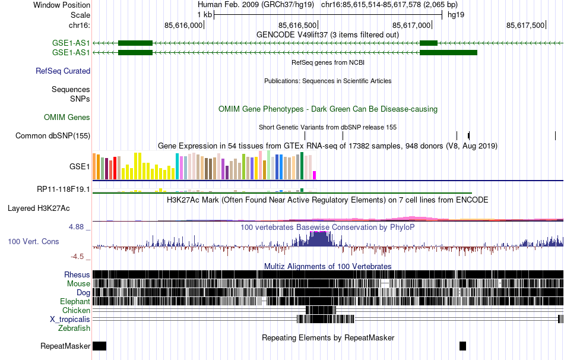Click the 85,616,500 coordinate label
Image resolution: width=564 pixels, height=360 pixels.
point(297,25)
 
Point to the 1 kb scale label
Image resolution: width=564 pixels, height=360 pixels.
point(204,15)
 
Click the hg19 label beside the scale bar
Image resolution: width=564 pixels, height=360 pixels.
point(455,15)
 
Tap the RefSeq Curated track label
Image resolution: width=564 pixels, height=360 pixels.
point(63,71)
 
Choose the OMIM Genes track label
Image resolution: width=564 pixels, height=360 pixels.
point(67,118)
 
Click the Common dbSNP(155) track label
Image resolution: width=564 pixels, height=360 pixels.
point(53,136)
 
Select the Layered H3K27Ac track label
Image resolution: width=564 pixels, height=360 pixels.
point(39,209)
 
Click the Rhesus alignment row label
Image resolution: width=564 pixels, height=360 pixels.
point(77,275)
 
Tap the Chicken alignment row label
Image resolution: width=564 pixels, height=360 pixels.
point(77,311)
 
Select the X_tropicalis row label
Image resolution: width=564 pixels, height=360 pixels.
point(70,320)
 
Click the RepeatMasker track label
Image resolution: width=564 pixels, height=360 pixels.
point(65,346)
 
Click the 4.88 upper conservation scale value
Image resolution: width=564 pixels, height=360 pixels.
point(78,227)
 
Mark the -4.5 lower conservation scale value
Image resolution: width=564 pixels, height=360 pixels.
point(78,257)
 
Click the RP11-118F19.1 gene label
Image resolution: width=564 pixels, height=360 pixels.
point(64,190)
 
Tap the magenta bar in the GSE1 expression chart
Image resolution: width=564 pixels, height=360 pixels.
point(315,175)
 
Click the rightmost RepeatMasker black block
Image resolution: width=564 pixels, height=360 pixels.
point(463,346)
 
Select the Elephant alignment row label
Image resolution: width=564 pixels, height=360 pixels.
point(75,302)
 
